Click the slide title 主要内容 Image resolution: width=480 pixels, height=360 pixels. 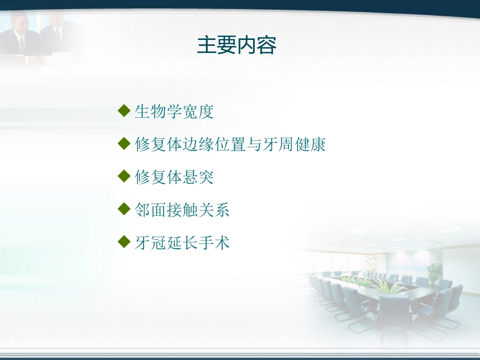click(236, 45)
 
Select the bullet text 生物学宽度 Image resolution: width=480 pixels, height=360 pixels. click(174, 112)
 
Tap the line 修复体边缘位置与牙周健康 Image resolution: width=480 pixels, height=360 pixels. click(230, 144)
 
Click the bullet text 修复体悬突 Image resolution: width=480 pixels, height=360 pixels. click(174, 177)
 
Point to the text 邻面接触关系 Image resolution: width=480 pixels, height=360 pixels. click(182, 210)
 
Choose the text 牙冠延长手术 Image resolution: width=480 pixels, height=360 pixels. click(182, 243)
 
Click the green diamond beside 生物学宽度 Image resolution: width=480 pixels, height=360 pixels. click(124, 111)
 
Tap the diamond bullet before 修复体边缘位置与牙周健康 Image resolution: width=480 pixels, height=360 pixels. click(124, 143)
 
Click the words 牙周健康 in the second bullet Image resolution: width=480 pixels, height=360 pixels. click(294, 144)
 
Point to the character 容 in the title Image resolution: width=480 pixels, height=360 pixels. click(267, 45)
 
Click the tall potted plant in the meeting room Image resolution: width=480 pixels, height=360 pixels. click(435, 274)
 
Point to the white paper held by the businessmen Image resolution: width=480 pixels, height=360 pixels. click(63, 57)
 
